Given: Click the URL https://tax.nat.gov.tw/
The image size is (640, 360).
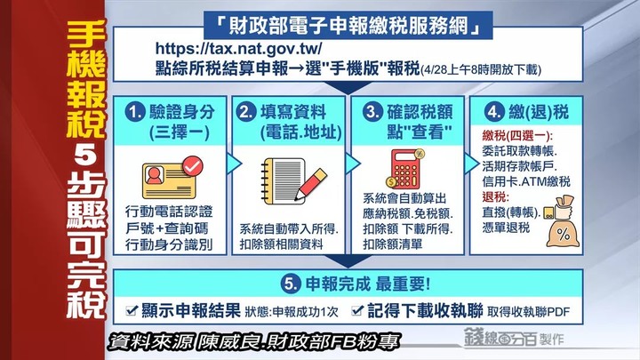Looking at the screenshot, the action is click(238, 49).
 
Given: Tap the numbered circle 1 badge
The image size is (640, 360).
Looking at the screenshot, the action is click(135, 112).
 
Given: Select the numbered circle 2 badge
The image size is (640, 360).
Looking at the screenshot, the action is click(246, 112).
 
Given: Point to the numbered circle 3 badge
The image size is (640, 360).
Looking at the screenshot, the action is click(372, 112).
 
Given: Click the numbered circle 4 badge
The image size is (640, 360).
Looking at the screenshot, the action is click(494, 112).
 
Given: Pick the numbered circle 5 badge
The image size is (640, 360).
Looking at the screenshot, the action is click(291, 284).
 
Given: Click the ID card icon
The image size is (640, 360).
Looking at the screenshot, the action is click(172, 178).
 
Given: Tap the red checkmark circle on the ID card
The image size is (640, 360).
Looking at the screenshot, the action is click(192, 165).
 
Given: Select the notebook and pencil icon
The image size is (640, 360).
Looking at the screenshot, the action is click(293, 181).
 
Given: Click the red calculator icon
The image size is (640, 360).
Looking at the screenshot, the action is click(405, 169).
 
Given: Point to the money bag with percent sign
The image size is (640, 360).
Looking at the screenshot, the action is click(563, 221).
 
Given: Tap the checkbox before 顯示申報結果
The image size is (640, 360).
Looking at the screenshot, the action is click(132, 310).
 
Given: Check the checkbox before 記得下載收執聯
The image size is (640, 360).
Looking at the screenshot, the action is click(357, 310).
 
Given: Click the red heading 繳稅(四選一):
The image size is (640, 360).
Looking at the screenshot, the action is click(517, 135).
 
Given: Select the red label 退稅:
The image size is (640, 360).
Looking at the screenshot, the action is click(495, 197).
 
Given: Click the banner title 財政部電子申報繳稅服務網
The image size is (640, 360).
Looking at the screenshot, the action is click(348, 25).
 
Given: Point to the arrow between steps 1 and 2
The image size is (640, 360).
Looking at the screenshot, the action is click(234, 164).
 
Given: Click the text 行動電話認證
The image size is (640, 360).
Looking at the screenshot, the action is click(169, 212).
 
